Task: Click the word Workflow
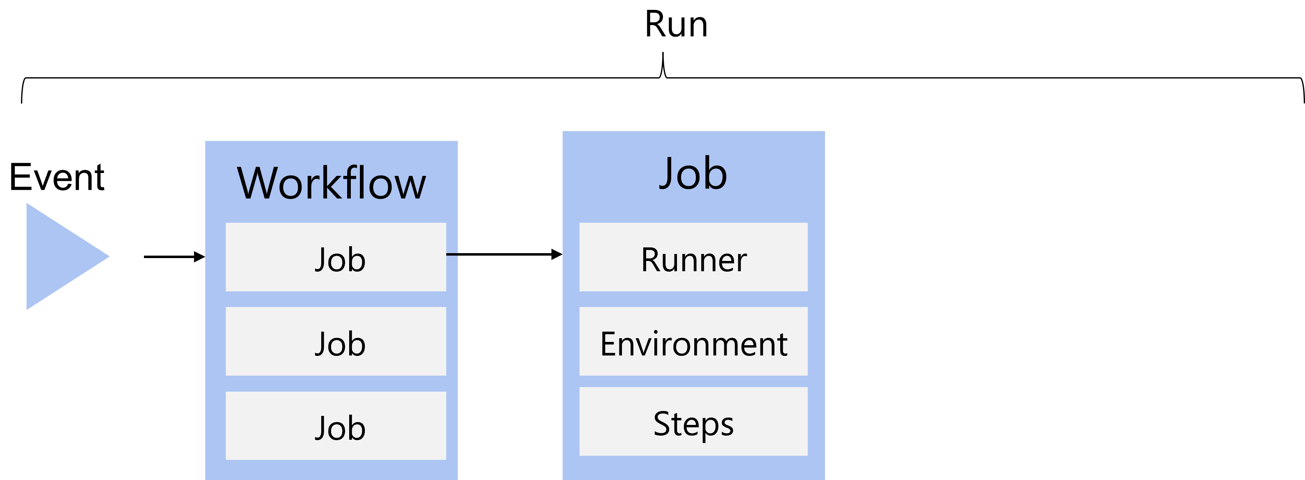pos(331,183)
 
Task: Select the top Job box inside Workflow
pos(336,257)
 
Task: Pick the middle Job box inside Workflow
pos(336,341)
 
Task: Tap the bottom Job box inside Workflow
pos(336,425)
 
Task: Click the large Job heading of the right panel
pos(693,174)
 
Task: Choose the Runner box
pos(693,257)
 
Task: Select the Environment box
pos(693,341)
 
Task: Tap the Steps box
pos(693,421)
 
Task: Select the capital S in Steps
pos(662,423)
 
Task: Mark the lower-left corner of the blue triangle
pos(28,308)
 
